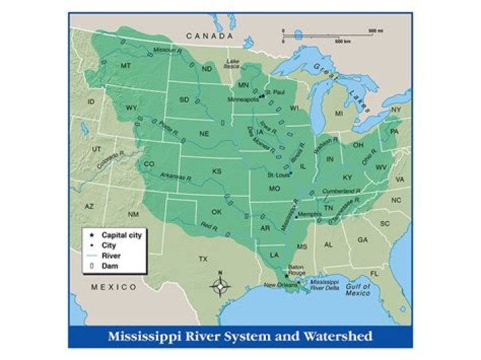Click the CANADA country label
tap(210, 35)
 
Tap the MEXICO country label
tap(114, 287)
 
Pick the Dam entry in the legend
tap(107, 265)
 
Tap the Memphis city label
tap(309, 214)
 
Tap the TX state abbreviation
tap(203, 258)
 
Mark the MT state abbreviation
tap(126, 66)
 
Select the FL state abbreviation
tap(374, 274)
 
